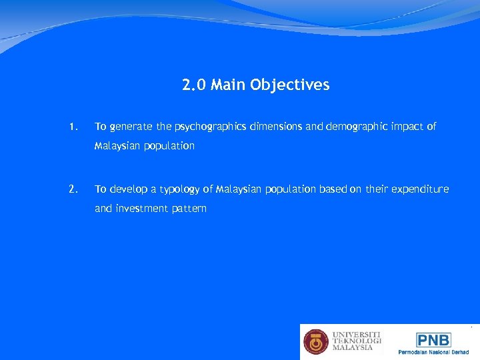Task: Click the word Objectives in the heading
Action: (x=293, y=85)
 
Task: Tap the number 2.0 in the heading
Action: (x=194, y=85)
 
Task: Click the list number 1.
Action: (x=73, y=126)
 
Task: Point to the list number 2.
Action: (x=73, y=189)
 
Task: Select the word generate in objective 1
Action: (x=131, y=127)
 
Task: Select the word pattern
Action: (x=190, y=209)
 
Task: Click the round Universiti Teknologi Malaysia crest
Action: (x=316, y=341)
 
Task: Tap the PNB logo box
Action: (x=433, y=339)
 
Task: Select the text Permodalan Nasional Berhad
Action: (x=433, y=352)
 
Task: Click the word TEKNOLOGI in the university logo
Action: (x=357, y=341)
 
